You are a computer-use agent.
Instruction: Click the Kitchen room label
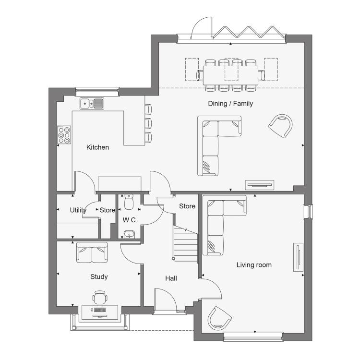click(x=97, y=147)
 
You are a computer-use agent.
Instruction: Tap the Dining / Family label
click(x=230, y=104)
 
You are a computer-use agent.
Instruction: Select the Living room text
click(x=254, y=265)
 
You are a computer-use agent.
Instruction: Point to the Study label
click(x=99, y=277)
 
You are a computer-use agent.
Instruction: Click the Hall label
click(x=171, y=278)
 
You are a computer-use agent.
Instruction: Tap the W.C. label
click(x=130, y=220)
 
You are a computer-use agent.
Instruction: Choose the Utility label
click(x=78, y=210)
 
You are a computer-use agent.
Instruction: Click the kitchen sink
click(x=92, y=104)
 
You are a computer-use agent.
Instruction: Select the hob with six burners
click(x=64, y=135)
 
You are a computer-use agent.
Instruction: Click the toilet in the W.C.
click(x=129, y=202)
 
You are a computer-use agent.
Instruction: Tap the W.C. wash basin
click(x=129, y=235)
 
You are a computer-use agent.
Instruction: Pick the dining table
click(x=230, y=75)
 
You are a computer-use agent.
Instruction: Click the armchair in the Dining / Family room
click(x=281, y=126)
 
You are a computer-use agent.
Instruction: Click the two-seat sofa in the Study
click(x=92, y=252)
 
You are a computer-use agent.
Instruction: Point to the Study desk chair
click(x=100, y=297)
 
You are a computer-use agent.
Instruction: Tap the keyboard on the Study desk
click(x=100, y=310)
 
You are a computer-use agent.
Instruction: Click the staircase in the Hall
click(x=185, y=244)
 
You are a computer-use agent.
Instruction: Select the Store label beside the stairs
click(x=187, y=206)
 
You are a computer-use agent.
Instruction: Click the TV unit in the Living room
click(x=298, y=257)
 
